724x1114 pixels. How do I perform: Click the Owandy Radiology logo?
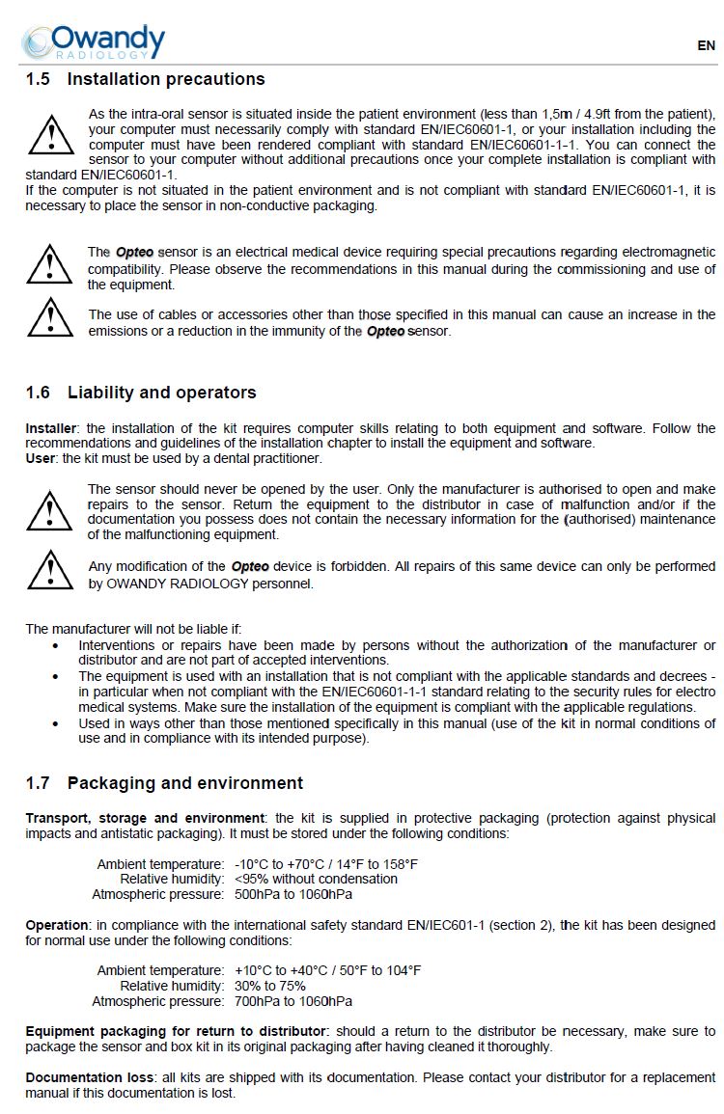point(94,41)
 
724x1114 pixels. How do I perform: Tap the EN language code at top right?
point(706,45)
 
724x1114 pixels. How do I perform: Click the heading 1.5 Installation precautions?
point(145,79)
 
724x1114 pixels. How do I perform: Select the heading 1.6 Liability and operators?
point(141,393)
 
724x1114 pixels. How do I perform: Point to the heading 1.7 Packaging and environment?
point(164,783)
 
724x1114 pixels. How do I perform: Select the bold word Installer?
point(52,428)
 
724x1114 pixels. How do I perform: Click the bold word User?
point(41,458)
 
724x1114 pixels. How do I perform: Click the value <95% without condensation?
point(316,879)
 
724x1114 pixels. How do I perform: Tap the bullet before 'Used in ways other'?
point(56,723)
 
